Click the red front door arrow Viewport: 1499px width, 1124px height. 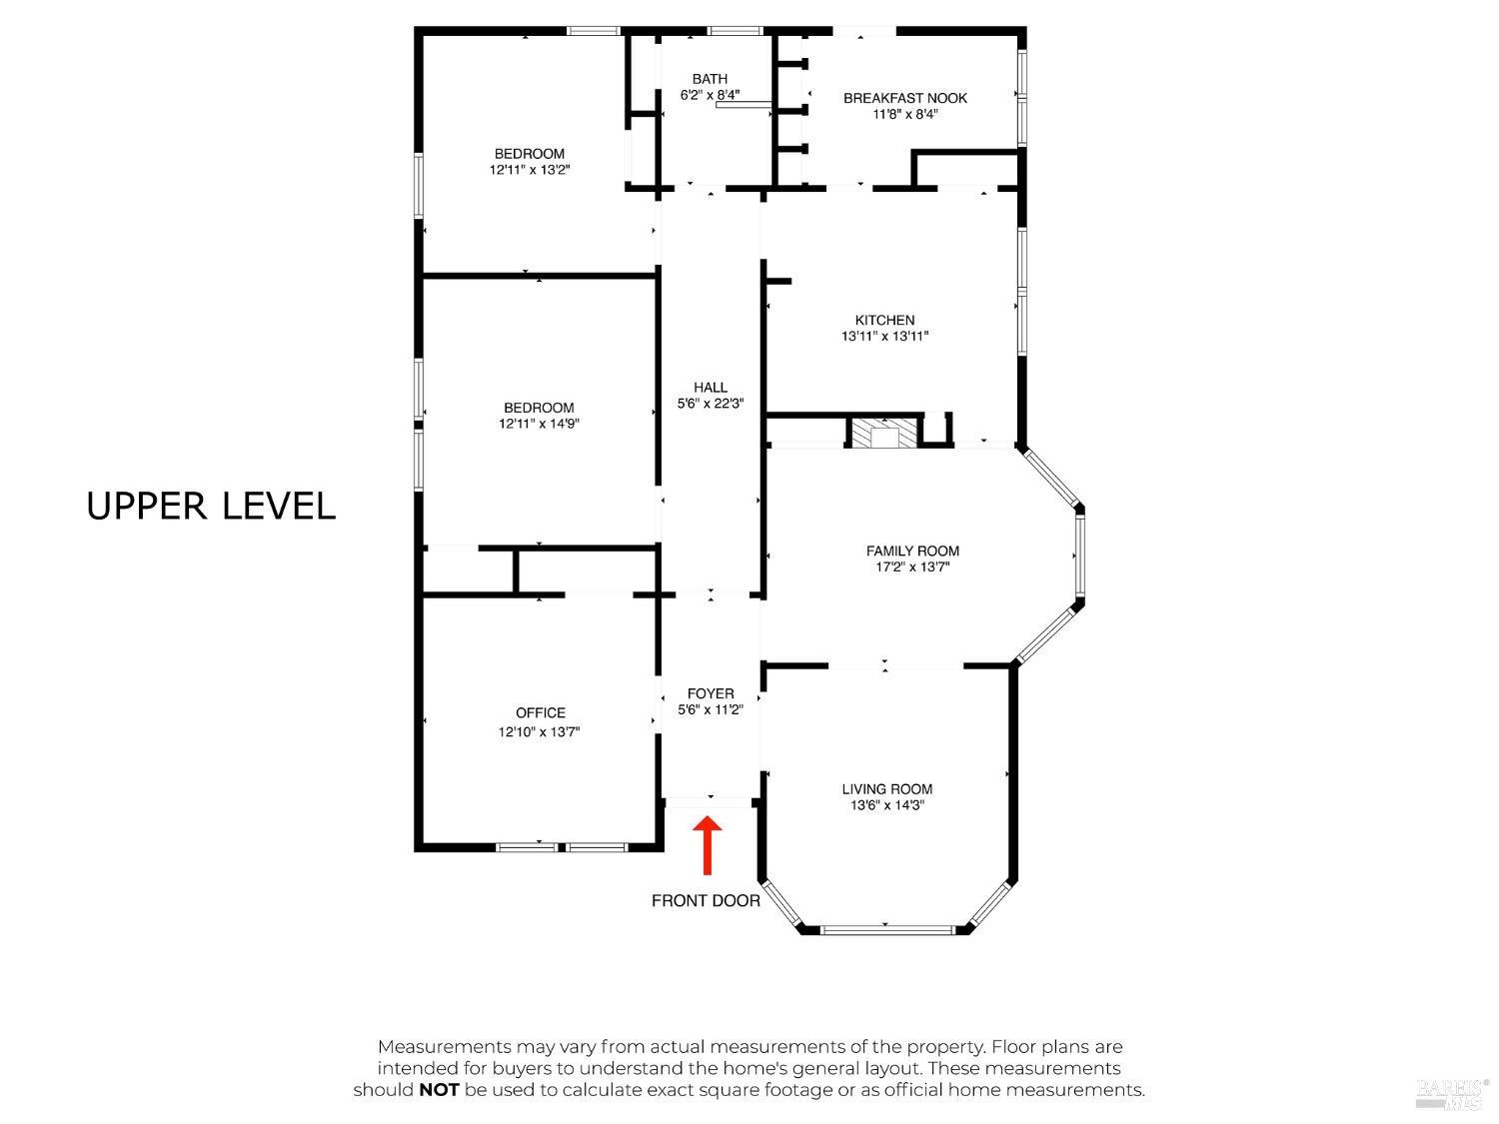click(708, 845)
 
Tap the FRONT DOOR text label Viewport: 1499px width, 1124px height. click(706, 901)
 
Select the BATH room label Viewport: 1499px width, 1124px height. click(710, 79)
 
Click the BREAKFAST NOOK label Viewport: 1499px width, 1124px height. click(904, 98)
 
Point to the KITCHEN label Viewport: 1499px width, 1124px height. click(884, 320)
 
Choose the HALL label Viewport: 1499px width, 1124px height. click(711, 388)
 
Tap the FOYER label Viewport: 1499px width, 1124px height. click(711, 694)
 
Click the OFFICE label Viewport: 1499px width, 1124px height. click(541, 713)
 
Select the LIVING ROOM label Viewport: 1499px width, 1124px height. click(887, 789)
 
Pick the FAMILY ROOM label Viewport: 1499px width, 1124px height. click(912, 552)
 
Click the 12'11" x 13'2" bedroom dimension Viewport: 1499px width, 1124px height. click(530, 170)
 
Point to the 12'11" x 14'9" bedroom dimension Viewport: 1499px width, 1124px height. click(539, 424)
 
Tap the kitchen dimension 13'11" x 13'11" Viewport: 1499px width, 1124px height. click(884, 336)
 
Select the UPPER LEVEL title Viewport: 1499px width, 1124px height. click(210, 507)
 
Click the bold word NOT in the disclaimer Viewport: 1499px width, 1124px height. click(439, 1091)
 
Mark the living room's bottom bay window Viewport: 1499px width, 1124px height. click(885, 929)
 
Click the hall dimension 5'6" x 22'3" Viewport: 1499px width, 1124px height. click(711, 404)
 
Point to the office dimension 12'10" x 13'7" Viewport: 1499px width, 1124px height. click(539, 732)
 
